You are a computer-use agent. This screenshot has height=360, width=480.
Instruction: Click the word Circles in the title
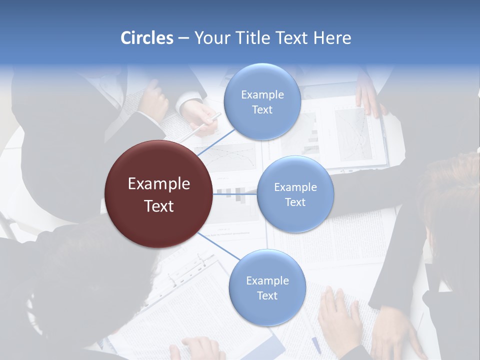pyautogui.click(x=147, y=38)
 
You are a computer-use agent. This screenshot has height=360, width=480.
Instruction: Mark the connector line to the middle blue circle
pyautogui.click(x=235, y=194)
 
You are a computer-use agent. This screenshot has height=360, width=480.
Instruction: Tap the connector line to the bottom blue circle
pyautogui.click(x=219, y=246)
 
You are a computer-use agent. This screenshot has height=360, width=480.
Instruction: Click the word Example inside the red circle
pyautogui.click(x=159, y=184)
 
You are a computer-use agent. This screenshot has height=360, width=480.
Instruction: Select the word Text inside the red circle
pyautogui.click(x=159, y=206)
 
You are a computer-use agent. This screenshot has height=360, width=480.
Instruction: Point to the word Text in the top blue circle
pyautogui.click(x=262, y=109)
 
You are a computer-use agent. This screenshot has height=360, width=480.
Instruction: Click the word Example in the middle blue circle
pyautogui.click(x=295, y=187)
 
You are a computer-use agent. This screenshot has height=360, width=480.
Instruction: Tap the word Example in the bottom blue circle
pyautogui.click(x=267, y=280)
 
